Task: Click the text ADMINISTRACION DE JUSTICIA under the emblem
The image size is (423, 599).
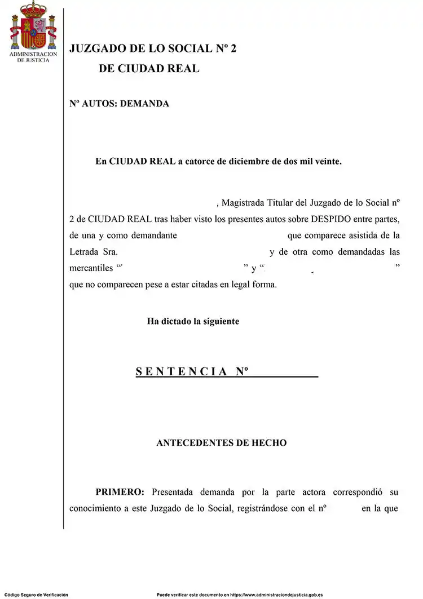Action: [33, 57]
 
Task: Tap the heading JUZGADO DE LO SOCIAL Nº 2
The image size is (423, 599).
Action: [153, 49]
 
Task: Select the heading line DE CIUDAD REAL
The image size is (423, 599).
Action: [149, 69]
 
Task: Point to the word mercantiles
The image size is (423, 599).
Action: [91, 268]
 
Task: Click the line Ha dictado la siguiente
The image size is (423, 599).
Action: [193, 321]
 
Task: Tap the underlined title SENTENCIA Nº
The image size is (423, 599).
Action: [192, 372]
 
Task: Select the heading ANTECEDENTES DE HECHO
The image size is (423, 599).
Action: [221, 443]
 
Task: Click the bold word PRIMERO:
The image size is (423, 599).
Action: [120, 492]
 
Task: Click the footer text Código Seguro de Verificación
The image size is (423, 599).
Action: [36, 594]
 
